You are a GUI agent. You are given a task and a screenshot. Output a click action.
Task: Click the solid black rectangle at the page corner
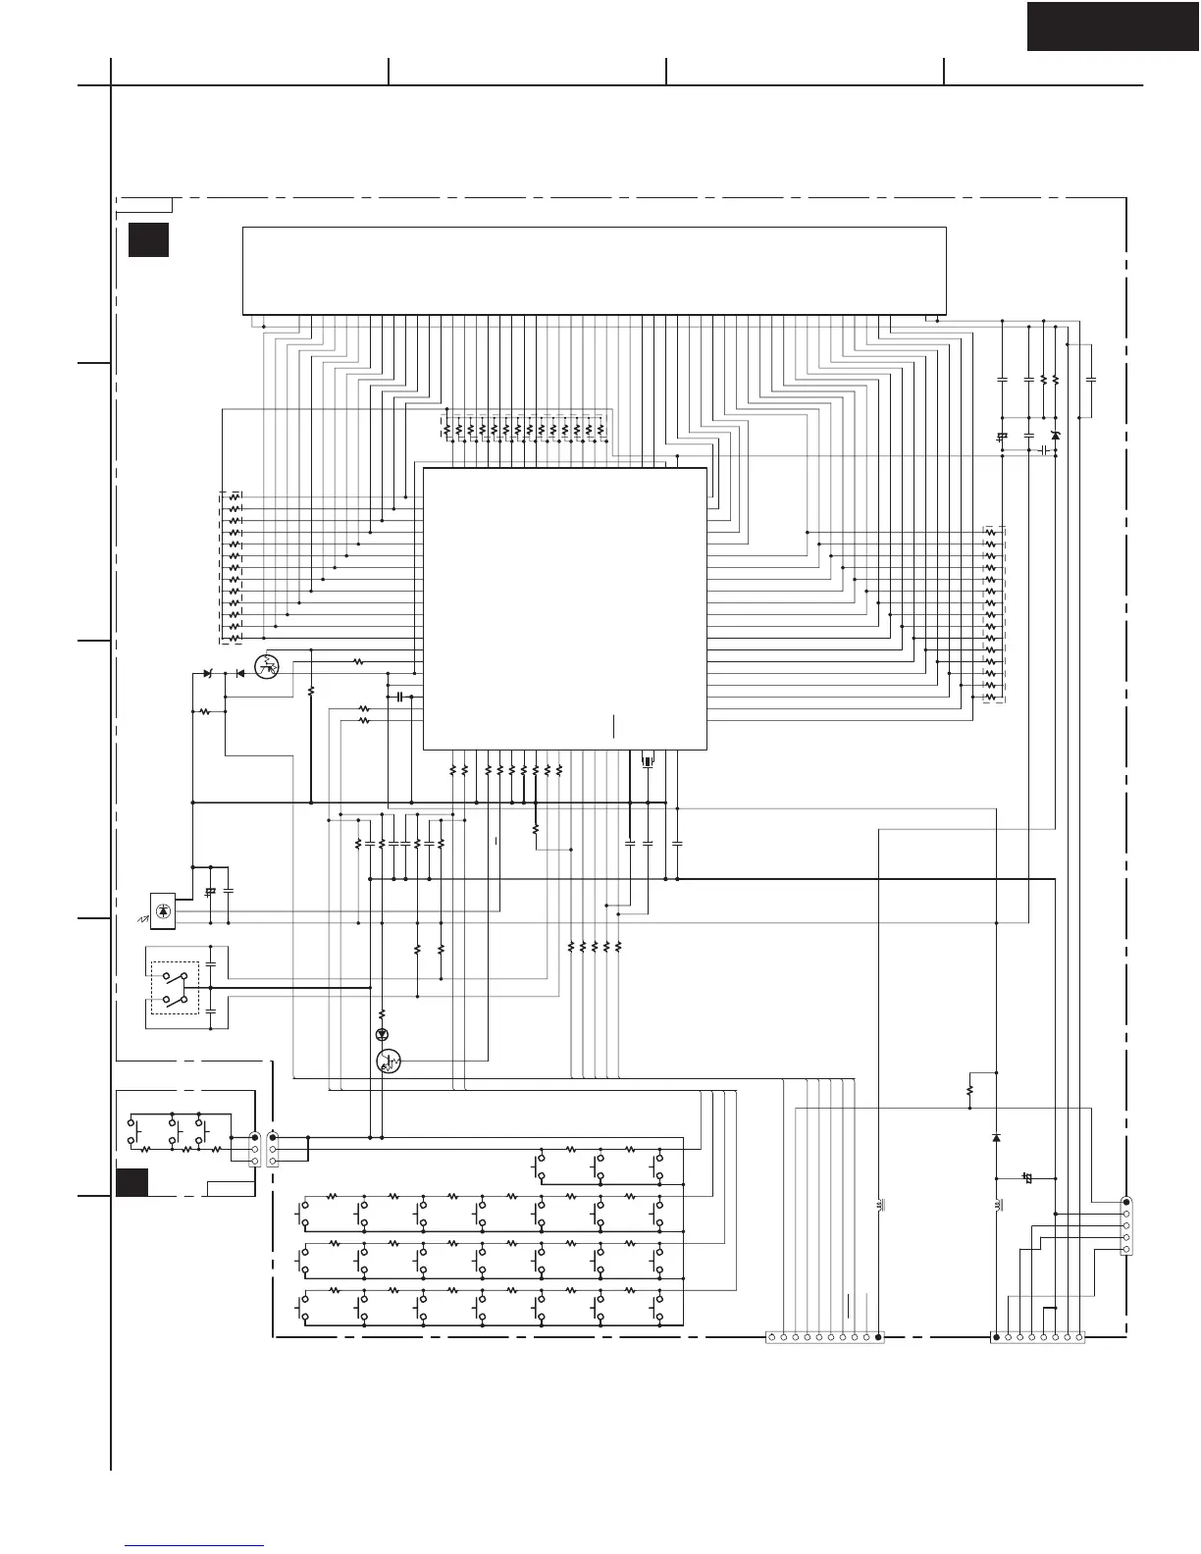pyautogui.click(x=1113, y=26)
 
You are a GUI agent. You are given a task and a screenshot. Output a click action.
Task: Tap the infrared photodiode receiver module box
pyautogui.click(x=163, y=911)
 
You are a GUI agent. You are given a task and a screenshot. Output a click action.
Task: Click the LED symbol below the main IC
pyautogui.click(x=383, y=1034)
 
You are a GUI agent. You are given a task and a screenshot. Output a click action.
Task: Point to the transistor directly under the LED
pyautogui.click(x=390, y=1062)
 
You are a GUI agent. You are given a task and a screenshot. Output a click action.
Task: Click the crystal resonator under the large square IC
pyautogui.click(x=647, y=761)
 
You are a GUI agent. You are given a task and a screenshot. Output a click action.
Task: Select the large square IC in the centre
pyautogui.click(x=564, y=608)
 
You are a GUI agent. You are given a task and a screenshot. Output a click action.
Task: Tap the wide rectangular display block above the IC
pyautogui.click(x=594, y=271)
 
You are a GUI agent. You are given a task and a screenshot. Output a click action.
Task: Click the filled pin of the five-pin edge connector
pyautogui.click(x=1126, y=1202)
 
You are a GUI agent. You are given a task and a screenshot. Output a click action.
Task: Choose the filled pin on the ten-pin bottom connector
pyautogui.click(x=878, y=1336)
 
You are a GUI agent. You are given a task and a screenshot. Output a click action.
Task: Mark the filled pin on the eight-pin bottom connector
pyautogui.click(x=997, y=1336)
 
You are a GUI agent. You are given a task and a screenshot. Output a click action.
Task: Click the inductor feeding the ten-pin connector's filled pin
pyautogui.click(x=879, y=1204)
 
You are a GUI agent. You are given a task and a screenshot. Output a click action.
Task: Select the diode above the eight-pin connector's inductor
pyautogui.click(x=997, y=1138)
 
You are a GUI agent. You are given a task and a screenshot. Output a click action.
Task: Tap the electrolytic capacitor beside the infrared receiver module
pyautogui.click(x=210, y=892)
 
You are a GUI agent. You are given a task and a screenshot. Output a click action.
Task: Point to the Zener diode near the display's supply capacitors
pyautogui.click(x=1055, y=436)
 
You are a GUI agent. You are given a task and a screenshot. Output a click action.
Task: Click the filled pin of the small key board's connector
pyautogui.click(x=255, y=1137)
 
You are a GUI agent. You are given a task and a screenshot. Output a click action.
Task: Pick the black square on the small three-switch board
pyautogui.click(x=131, y=1183)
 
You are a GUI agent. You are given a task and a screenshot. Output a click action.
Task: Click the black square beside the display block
pyautogui.click(x=148, y=240)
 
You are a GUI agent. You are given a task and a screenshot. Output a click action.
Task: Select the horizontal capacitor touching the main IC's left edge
pyautogui.click(x=400, y=697)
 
